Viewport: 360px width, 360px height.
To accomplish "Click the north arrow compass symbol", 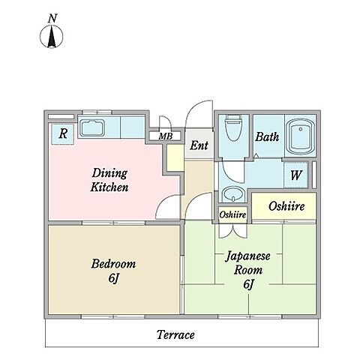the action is (x=52, y=37).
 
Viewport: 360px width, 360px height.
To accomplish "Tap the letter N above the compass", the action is (x=52, y=19).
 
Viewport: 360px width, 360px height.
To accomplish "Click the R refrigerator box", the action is (x=63, y=134).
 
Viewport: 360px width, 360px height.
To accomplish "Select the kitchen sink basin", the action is (x=91, y=127).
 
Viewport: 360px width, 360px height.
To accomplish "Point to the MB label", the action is (x=166, y=136).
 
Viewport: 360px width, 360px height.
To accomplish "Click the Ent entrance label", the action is (x=199, y=145).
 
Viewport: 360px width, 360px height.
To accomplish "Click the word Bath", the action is (x=267, y=137).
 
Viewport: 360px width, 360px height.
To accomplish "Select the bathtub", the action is (x=301, y=136).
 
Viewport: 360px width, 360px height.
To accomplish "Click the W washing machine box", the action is (x=295, y=175).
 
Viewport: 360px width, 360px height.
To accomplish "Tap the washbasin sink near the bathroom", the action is (x=234, y=194).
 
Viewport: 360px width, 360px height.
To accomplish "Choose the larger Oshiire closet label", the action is (x=286, y=206).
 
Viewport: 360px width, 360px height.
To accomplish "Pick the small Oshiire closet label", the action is (x=232, y=214).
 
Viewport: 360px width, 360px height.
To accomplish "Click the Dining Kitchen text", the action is (x=109, y=180).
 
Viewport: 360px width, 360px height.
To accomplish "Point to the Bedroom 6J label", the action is (x=113, y=271).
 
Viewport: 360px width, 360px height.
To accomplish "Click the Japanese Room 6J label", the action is (x=248, y=271).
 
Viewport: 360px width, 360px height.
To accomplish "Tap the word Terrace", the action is (x=175, y=334).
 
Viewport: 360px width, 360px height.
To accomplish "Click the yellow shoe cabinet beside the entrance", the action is (x=175, y=158).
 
